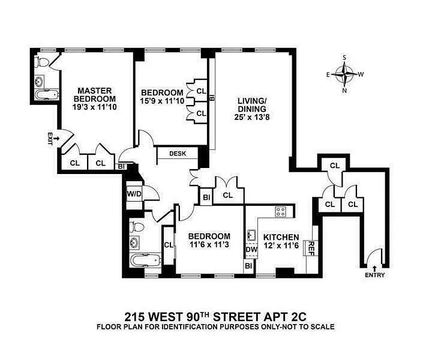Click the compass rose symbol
pos(344,74)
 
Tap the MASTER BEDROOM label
pos(94,94)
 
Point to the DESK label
pos(178,154)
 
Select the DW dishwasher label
pos(251,250)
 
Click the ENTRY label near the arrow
pos(374,275)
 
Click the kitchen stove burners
pos(281,211)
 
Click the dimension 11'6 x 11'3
pos(209,245)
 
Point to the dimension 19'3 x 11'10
pos(94,107)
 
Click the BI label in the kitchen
pos(248,265)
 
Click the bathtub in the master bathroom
pos(47,94)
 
